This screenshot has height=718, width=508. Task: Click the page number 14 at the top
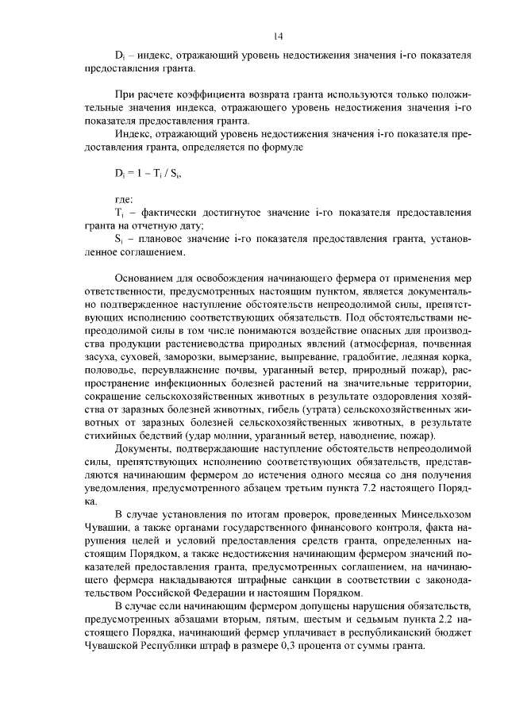[278, 36]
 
